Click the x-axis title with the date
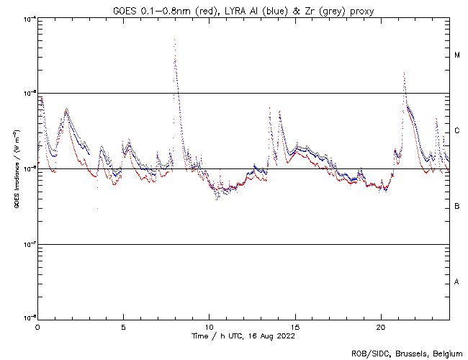coord(243,336)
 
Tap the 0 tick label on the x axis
coord(37,326)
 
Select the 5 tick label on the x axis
coord(123,326)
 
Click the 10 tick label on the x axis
coord(209,326)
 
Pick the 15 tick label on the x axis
coord(294,326)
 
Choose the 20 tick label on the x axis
coord(380,326)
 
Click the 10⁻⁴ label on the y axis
coord(27,18)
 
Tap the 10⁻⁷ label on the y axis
coord(27,245)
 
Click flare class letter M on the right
coord(457,55)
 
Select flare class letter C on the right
coord(457,131)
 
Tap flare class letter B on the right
coord(457,207)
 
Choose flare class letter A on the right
coord(457,282)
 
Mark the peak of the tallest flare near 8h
coord(174,40)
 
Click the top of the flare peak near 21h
coord(404,73)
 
